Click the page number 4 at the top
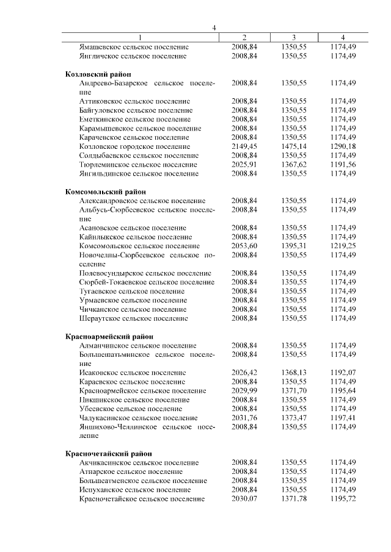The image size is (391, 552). pyautogui.click(x=214, y=27)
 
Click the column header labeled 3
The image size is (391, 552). pyautogui.click(x=293, y=37)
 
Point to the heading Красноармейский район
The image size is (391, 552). pyautogui.click(x=103, y=336)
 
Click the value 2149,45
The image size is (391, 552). pyautogui.click(x=244, y=146)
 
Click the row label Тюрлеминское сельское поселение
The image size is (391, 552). pyautogui.click(x=138, y=165)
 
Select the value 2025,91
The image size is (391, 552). pyautogui.click(x=244, y=165)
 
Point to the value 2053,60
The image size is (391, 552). pyautogui.click(x=244, y=246)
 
